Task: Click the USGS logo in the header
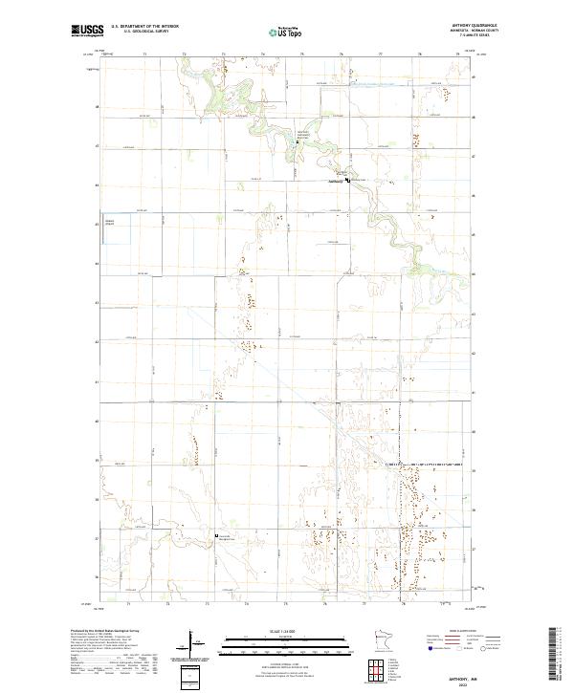(87, 30)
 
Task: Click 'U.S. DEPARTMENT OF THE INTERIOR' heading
(144, 26)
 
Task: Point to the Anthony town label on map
(335, 181)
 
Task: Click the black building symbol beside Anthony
(348, 180)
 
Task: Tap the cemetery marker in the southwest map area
(217, 536)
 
